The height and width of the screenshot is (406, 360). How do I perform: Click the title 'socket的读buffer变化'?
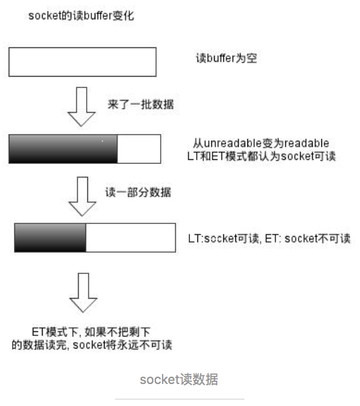pos(81,16)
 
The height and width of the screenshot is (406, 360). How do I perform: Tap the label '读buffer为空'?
pos(227,58)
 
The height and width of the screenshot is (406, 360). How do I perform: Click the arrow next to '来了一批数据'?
pos(81,107)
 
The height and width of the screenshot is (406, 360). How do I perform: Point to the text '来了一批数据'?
pos(141,105)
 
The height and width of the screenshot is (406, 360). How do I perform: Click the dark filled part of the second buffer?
pos(63,149)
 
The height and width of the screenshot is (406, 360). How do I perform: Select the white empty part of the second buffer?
pos(139,149)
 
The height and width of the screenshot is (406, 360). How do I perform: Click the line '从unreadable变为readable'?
pos(261,143)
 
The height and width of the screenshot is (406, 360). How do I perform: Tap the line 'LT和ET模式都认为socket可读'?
pos(261,156)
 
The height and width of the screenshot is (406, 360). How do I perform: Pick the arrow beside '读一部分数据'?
pos(83,196)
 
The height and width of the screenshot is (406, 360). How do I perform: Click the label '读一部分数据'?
pos(138,193)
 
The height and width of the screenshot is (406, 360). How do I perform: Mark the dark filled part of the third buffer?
pos(50,238)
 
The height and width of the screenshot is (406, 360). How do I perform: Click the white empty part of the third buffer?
pos(131,238)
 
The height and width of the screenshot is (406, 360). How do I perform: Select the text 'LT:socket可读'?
pos(223,239)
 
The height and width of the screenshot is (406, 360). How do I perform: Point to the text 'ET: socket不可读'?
pos(308,239)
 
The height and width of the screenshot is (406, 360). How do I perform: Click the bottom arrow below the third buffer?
pos(83,292)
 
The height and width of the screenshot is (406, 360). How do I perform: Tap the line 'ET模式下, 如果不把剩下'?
pos(91,332)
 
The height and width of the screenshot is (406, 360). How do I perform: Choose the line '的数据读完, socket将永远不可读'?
pos(92,345)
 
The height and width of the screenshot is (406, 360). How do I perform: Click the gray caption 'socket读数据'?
pos(179,379)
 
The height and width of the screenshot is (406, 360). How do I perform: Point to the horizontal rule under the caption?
pos(179,399)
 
